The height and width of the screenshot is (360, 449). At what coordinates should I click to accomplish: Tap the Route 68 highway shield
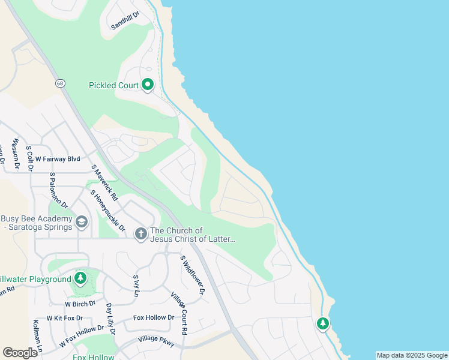pos(61,83)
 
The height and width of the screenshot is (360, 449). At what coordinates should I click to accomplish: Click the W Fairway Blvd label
pos(57,159)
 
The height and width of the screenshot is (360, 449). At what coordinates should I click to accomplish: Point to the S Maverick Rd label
pos(104,184)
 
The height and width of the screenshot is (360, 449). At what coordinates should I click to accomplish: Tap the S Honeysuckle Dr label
pos(107,211)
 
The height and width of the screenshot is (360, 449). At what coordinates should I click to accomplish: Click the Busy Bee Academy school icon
pos(82,223)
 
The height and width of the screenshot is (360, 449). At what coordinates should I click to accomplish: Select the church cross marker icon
pos(140,233)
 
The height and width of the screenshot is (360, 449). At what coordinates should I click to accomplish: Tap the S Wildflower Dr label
pos(193,275)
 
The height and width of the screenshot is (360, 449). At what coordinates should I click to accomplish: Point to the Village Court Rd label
pos(179,313)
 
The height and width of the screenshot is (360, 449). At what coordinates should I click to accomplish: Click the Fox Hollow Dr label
pos(154,317)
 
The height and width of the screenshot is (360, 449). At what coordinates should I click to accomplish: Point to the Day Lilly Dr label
pos(110,319)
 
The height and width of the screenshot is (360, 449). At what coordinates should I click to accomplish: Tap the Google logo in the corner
pos(20,353)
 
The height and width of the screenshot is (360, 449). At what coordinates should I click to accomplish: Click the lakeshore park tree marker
pos(323,324)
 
